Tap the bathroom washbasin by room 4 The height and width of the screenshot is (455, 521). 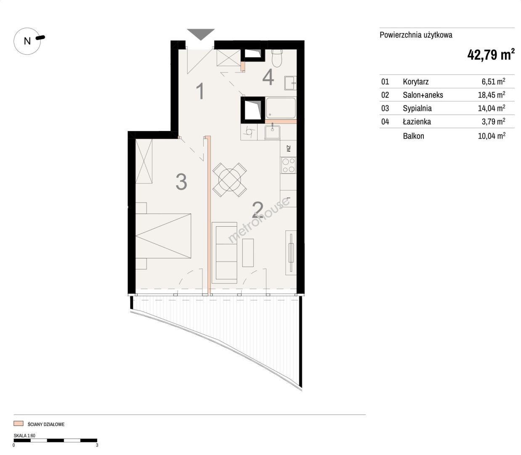(290, 83)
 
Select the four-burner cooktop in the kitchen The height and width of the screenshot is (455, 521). (289, 165)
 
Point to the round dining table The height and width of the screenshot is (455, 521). (230, 180)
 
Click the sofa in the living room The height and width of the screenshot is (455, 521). (225, 253)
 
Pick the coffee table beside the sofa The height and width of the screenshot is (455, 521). (248, 253)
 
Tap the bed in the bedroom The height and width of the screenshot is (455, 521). (163, 236)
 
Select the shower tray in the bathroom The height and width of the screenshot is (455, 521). (281, 108)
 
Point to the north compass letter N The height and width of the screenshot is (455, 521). (27, 41)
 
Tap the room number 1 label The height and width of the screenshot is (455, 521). (201, 91)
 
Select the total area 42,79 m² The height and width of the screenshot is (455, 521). (491, 54)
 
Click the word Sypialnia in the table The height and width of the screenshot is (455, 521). (417, 108)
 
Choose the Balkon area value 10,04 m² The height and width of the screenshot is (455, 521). (492, 136)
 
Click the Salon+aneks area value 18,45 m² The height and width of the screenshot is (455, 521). (492, 94)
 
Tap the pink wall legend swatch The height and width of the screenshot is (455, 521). (19, 424)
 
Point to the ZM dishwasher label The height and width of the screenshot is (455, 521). (288, 148)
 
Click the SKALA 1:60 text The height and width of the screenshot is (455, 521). (24, 436)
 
